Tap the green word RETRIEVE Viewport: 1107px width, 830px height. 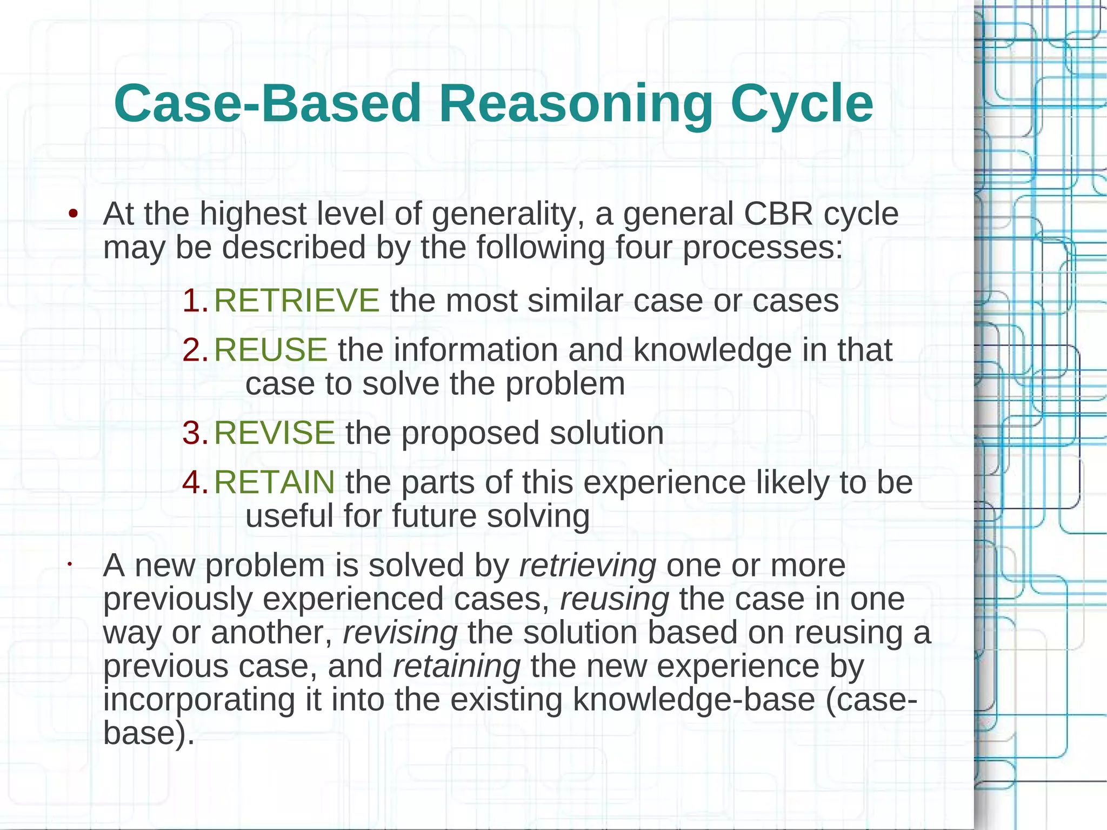pyautogui.click(x=297, y=301)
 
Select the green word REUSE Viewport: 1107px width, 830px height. pyautogui.click(x=270, y=350)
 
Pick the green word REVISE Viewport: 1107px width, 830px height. pyautogui.click(x=274, y=433)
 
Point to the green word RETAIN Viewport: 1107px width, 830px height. pyautogui.click(x=274, y=482)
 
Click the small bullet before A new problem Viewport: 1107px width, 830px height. pyautogui.click(x=70, y=566)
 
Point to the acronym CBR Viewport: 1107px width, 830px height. pyautogui.click(x=778, y=214)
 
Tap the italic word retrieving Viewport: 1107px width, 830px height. pyautogui.click(x=588, y=566)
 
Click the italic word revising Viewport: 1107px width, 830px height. pyautogui.click(x=400, y=633)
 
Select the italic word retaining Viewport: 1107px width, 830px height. pyautogui.click(x=457, y=666)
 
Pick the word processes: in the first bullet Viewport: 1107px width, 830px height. pyautogui.click(x=762, y=248)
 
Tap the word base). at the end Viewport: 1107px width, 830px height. pyautogui.click(x=149, y=733)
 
